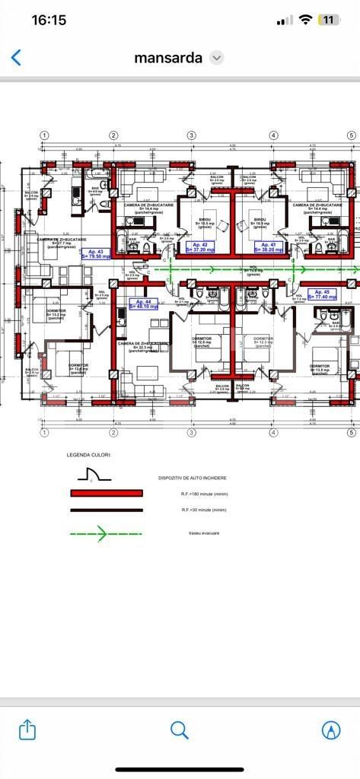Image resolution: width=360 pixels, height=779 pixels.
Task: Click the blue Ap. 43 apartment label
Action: [x=97, y=254]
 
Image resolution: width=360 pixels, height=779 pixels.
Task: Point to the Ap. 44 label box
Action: [x=143, y=304]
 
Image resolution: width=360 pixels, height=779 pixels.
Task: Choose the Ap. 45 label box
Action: [x=321, y=294]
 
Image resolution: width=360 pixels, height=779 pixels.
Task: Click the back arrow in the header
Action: [x=16, y=58]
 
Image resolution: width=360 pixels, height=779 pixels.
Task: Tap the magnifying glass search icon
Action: [x=180, y=730]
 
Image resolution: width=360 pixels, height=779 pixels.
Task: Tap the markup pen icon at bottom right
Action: [x=331, y=730]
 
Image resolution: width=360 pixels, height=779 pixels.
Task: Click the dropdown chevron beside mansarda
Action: [x=216, y=58]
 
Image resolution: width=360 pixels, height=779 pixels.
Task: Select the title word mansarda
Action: [x=168, y=58]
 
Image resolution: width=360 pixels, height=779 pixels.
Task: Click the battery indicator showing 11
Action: [x=329, y=21]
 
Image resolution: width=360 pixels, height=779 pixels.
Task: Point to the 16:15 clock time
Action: [x=48, y=21]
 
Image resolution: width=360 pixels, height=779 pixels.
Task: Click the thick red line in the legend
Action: [x=107, y=493]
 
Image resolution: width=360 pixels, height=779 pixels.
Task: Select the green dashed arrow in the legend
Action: [x=107, y=533]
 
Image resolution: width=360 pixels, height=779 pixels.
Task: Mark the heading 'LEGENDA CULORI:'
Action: [x=88, y=455]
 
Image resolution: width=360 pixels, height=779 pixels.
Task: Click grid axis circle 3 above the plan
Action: [x=192, y=135]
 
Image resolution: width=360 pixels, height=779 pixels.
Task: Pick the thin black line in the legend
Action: [x=107, y=510]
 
